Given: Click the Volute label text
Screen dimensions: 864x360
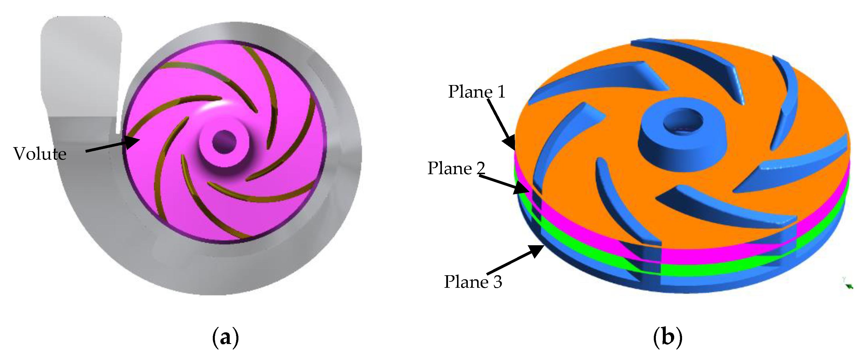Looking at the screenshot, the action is point(40,154).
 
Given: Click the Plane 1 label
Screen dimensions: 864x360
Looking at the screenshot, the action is point(477,91).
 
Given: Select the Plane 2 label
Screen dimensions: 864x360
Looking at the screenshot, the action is point(456,168).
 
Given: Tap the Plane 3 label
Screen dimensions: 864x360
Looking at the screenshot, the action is point(473,281).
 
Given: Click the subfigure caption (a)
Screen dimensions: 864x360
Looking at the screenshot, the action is point(225,337).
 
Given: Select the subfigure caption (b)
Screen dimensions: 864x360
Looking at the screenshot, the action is point(668,337).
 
